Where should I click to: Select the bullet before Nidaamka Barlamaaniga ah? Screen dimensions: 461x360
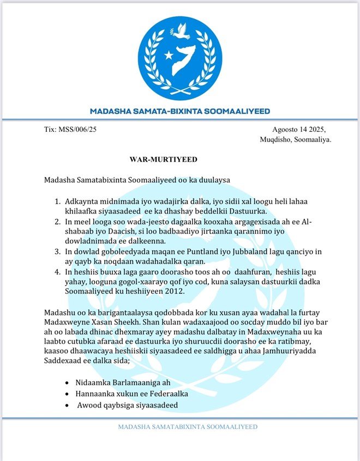pyautogui.click(x=67, y=383)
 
